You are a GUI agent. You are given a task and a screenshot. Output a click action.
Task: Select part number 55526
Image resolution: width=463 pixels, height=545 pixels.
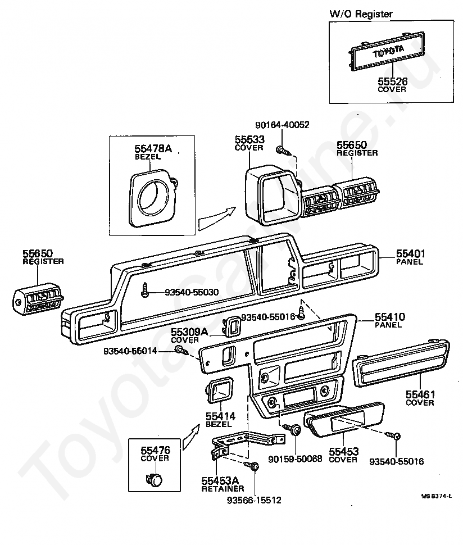tap(392, 82)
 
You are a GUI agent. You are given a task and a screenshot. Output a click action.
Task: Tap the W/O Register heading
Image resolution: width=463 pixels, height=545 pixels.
tap(361, 14)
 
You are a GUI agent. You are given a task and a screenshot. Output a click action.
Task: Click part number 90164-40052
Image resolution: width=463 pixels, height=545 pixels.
tap(282, 125)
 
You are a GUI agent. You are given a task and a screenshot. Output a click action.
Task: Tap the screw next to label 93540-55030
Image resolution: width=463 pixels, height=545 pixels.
tap(146, 289)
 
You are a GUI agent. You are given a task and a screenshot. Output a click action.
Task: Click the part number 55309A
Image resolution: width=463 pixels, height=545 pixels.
tap(190, 333)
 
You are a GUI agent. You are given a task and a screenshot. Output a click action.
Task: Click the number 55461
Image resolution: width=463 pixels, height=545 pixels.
tap(420, 395)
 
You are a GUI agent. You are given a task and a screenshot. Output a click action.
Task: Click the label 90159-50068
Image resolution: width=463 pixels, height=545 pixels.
tap(294, 458)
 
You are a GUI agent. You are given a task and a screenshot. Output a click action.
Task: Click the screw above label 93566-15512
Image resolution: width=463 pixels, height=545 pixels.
tap(254, 466)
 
